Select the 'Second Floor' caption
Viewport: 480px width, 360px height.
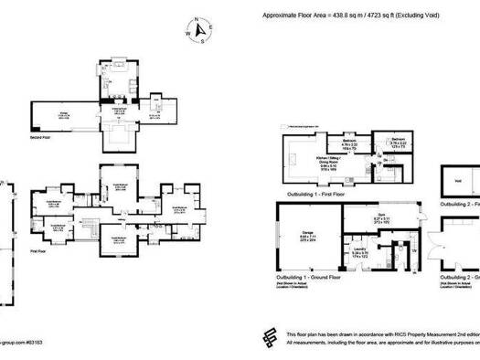point(40,138)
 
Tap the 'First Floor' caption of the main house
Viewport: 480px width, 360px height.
point(39,249)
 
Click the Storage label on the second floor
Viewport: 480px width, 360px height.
point(65,114)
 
